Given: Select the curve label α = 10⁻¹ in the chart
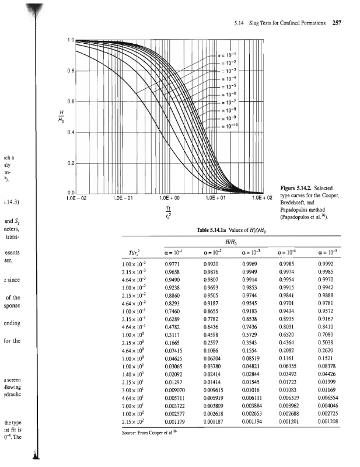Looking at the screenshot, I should [227, 55].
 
